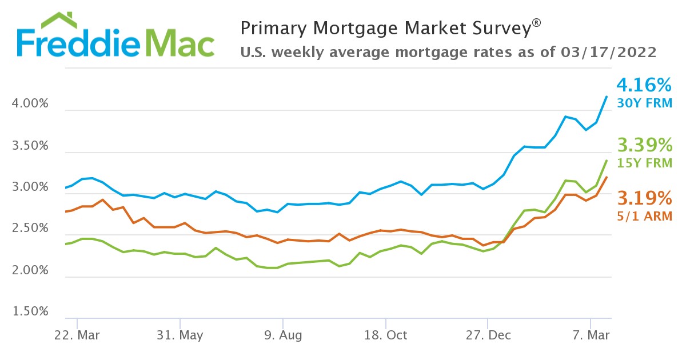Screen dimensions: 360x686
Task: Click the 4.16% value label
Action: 644,86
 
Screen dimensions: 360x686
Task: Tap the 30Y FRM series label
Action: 644,103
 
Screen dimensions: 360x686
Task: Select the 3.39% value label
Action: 644,145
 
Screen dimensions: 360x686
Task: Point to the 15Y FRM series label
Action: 644,162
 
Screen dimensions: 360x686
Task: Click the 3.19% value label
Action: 644,198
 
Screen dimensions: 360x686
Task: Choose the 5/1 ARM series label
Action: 644,216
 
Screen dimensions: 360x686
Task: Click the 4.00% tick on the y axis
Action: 30,105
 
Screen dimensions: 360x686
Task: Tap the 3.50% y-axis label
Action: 30,146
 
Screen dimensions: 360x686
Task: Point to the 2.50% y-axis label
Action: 30,229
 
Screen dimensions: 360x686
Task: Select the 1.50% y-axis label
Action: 30,312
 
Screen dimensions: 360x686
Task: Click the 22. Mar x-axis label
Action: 77,334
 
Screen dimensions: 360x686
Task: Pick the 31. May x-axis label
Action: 180,334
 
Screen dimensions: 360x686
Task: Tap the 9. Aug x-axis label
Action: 282,334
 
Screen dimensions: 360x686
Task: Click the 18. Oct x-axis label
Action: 385,334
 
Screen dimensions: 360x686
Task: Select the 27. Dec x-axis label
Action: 488,334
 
